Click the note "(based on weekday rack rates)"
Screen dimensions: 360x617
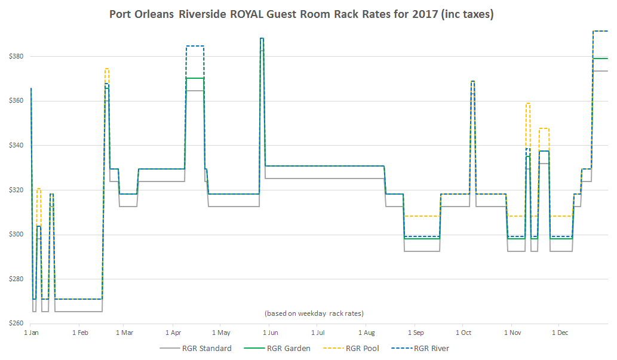pyautogui.click(x=314, y=313)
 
